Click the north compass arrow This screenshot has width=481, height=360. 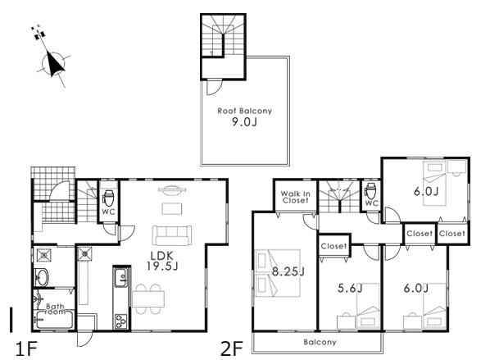click(55, 63)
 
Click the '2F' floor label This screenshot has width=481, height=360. click(232, 347)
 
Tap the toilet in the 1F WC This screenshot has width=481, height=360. click(107, 198)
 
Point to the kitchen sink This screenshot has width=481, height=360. click(120, 277)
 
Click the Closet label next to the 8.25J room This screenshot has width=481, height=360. click(333, 246)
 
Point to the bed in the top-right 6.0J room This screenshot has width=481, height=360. click(434, 173)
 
